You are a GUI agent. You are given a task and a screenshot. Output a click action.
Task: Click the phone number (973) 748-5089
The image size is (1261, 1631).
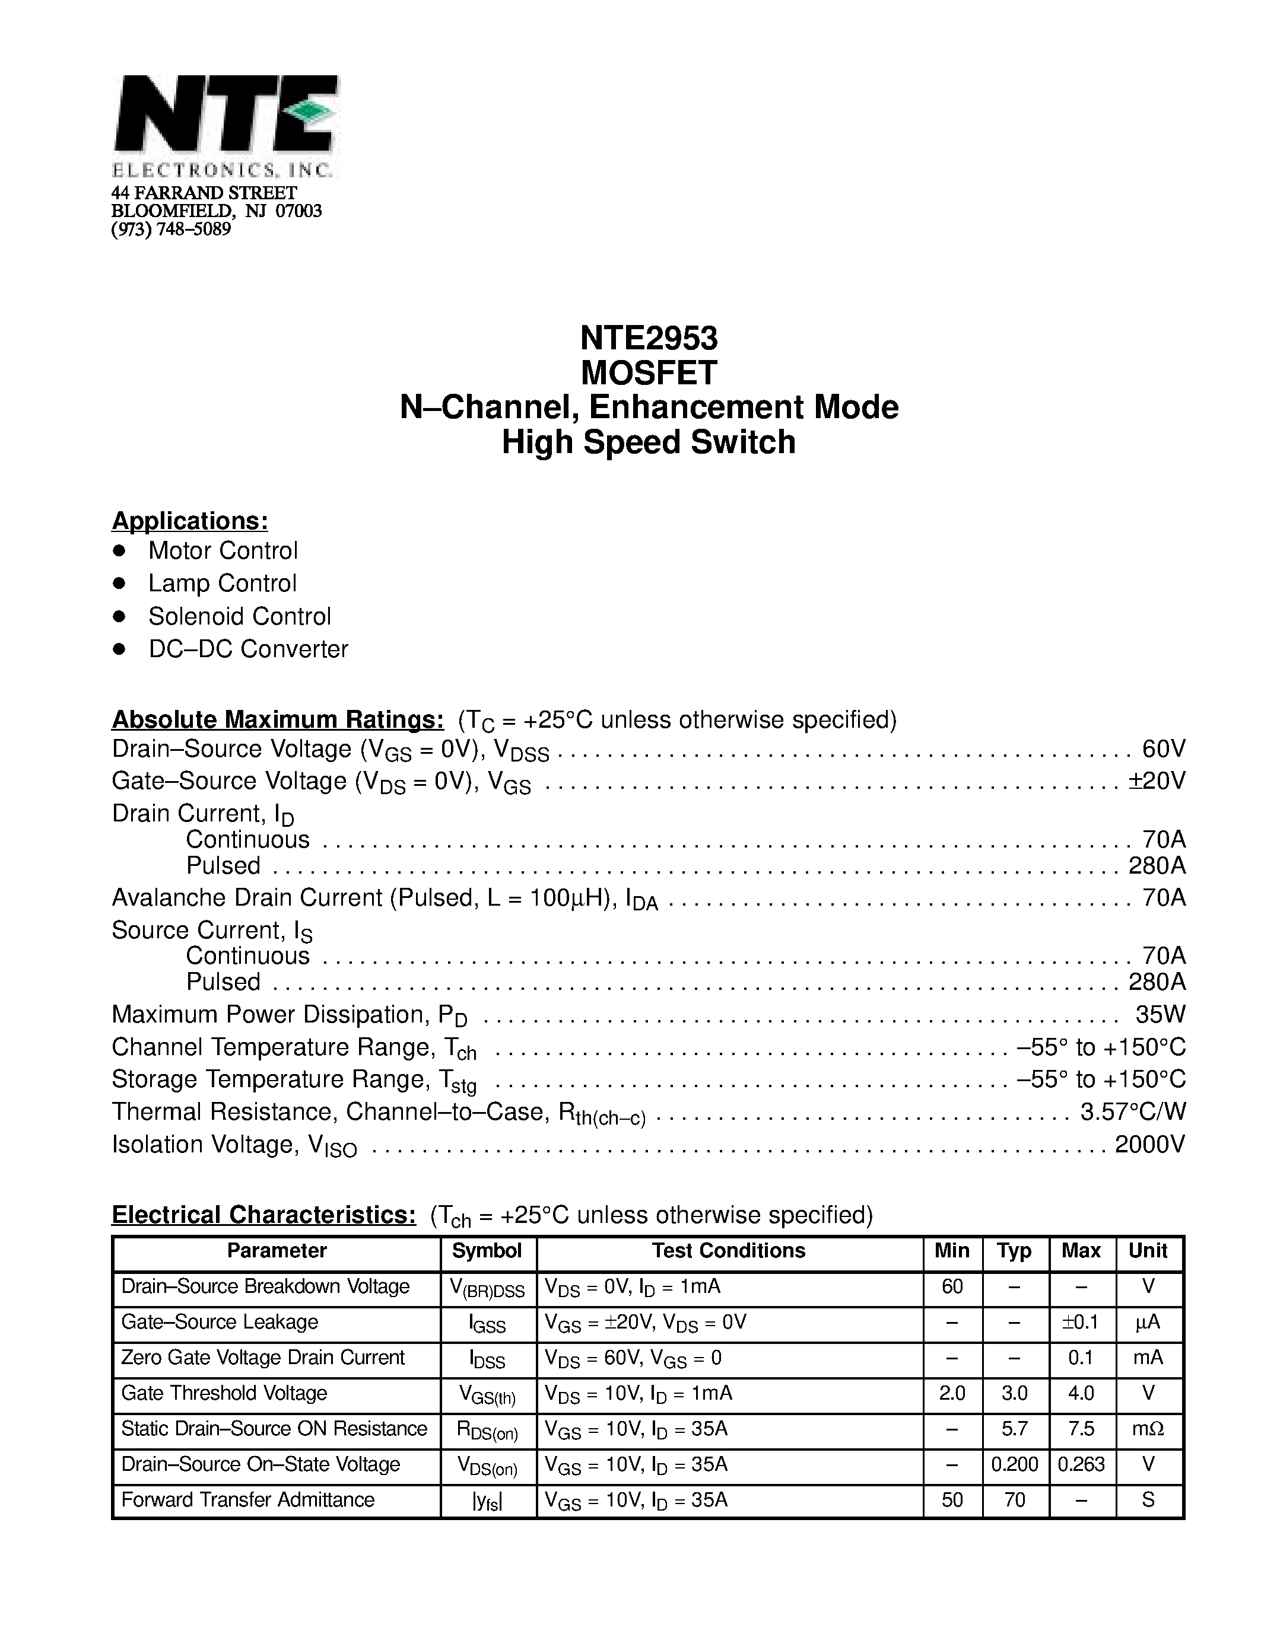pyautogui.click(x=171, y=230)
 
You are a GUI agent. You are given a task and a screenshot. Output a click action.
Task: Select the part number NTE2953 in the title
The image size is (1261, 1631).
pyautogui.click(x=649, y=338)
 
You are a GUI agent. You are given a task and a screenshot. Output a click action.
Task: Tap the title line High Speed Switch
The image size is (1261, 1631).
pyautogui.click(x=649, y=442)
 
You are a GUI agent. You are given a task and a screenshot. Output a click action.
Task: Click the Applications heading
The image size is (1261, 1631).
pyautogui.click(x=190, y=521)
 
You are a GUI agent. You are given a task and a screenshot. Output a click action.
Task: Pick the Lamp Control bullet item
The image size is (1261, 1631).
pyautogui.click(x=222, y=583)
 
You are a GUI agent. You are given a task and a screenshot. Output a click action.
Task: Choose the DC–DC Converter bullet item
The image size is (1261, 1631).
pyautogui.click(x=248, y=649)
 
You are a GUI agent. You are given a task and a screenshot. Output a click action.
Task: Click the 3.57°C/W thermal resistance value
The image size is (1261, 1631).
pyautogui.click(x=1132, y=1112)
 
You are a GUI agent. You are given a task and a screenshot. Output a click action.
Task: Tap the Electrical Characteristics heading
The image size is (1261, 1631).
pyautogui.click(x=263, y=1215)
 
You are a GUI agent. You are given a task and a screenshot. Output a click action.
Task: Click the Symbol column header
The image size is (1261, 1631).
pyautogui.click(x=487, y=1251)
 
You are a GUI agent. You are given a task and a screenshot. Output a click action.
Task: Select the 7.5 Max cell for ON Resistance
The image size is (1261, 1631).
pyautogui.click(x=1081, y=1429)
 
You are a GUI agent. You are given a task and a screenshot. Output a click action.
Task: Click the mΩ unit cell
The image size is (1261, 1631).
pyautogui.click(x=1148, y=1429)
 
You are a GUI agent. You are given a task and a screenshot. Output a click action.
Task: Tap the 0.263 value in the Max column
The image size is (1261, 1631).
pyautogui.click(x=1081, y=1464)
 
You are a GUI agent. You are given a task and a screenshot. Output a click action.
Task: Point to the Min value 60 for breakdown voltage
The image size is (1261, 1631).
pyautogui.click(x=952, y=1286)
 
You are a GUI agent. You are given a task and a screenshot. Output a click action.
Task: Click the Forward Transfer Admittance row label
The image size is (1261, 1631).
pyautogui.click(x=247, y=1499)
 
